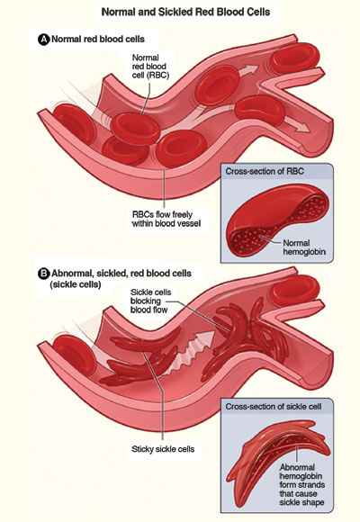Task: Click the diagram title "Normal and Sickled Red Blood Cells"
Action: click(185, 12)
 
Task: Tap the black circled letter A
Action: click(43, 40)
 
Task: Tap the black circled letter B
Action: click(43, 274)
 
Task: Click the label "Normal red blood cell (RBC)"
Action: click(150, 67)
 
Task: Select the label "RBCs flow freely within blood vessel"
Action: click(166, 219)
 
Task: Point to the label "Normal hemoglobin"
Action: click(303, 247)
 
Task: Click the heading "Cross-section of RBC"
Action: click(265, 171)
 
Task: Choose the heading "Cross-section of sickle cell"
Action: click(274, 407)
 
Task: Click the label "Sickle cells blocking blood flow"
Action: click(150, 301)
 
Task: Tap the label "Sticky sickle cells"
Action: click(163, 449)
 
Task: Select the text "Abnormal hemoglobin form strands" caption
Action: click(301, 476)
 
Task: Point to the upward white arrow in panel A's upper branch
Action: click(247, 70)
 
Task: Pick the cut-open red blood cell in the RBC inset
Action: click(277, 220)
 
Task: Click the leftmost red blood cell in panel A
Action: click(75, 123)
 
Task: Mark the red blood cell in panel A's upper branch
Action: click(294, 58)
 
